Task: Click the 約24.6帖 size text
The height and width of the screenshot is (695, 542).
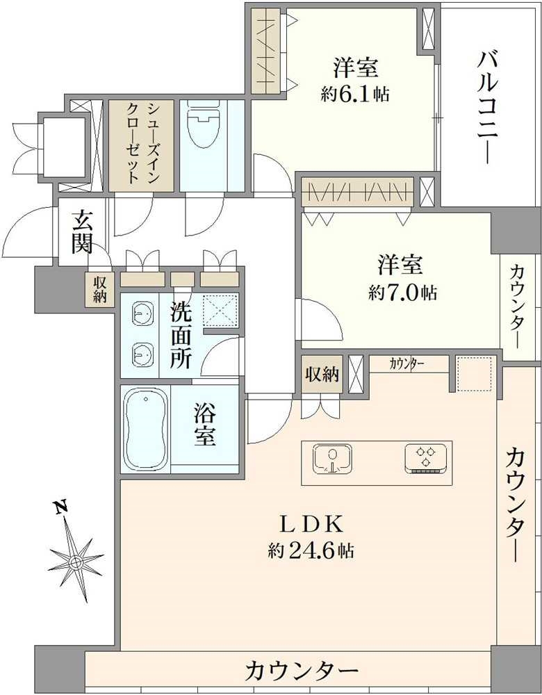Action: click(x=311, y=551)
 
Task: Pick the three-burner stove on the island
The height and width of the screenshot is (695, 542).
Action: click(x=424, y=459)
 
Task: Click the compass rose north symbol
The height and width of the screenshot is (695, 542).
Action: click(x=76, y=560)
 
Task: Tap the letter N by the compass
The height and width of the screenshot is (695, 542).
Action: click(x=62, y=509)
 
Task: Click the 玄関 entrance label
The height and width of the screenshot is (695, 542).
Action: click(x=83, y=234)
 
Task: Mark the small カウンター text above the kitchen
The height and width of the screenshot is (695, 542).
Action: click(x=408, y=363)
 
